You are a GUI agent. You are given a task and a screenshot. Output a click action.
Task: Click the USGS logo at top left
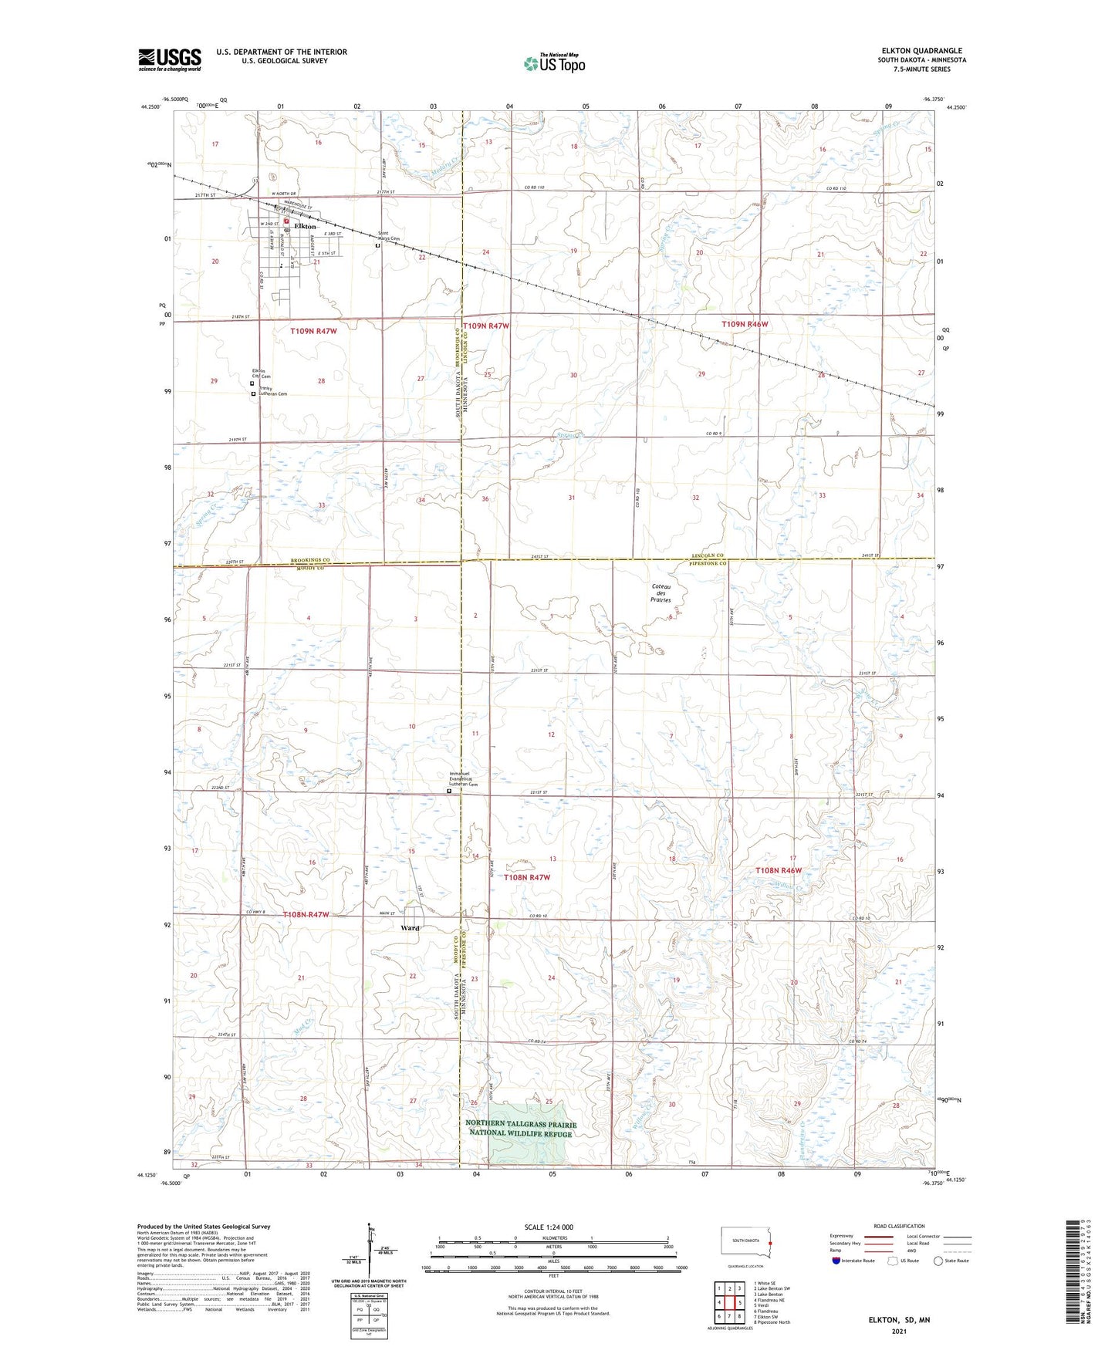pyautogui.click(x=169, y=59)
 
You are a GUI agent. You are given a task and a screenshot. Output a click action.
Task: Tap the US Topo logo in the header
pyautogui.click(x=553, y=63)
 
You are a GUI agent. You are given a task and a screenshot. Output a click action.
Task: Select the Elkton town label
pyautogui.click(x=305, y=227)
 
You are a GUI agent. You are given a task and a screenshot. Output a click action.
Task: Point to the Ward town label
pyautogui.click(x=410, y=927)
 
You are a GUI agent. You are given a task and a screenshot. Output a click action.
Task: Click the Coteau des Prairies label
pyautogui.click(x=661, y=595)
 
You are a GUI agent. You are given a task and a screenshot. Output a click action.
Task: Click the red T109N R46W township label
pyautogui.click(x=745, y=325)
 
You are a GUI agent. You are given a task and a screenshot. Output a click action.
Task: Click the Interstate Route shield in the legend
pyautogui.click(x=837, y=1261)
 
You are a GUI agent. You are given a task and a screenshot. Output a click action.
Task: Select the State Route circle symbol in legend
pyautogui.click(x=938, y=1261)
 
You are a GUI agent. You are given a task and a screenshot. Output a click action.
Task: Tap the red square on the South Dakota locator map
pyautogui.click(x=770, y=1243)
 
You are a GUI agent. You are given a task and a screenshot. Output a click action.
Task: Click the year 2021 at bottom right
pyautogui.click(x=898, y=1331)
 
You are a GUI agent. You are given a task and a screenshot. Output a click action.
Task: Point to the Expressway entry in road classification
pyautogui.click(x=842, y=1236)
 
